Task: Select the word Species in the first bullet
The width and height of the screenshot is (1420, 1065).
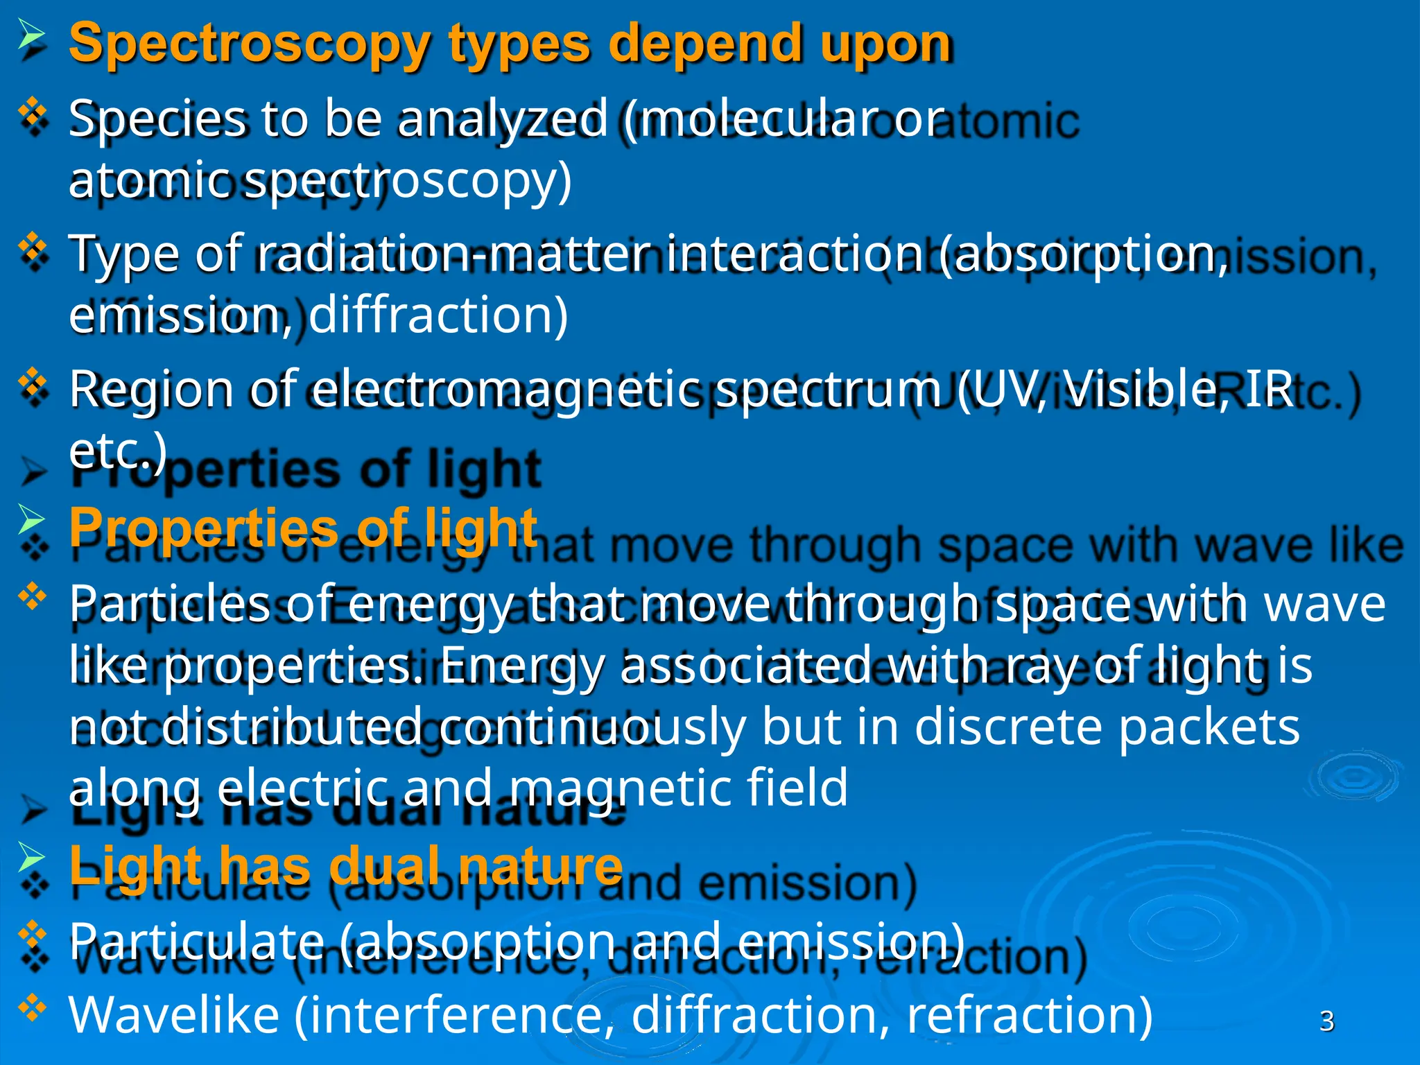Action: coord(157,119)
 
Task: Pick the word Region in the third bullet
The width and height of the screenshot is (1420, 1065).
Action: coord(152,389)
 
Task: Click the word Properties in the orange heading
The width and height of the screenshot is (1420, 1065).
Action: coord(203,528)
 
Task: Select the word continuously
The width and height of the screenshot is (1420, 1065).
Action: coord(591,727)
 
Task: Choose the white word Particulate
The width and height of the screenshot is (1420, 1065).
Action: coord(196,942)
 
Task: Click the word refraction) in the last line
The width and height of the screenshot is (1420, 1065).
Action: coord(1030,1015)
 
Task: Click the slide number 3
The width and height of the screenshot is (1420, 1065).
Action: coord(1326,1021)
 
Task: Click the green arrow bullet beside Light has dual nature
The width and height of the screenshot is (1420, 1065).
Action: coord(31,858)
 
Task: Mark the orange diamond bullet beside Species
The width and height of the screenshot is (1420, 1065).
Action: coord(33,112)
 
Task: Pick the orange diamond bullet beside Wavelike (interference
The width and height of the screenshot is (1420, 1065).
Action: coord(33,1007)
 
